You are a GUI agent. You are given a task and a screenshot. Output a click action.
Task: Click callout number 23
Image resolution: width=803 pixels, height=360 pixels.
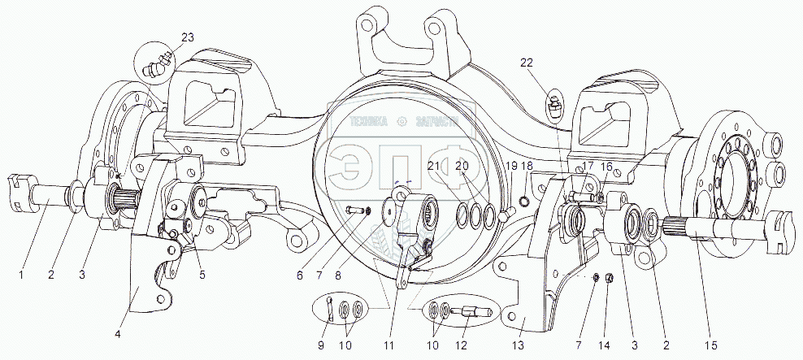tap(188, 37)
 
